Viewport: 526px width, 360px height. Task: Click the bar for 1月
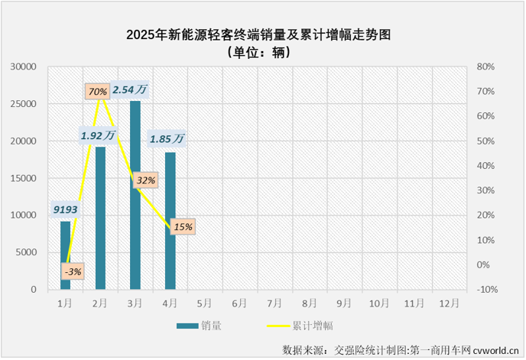click(65, 255)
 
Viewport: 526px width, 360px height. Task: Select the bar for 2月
click(100, 218)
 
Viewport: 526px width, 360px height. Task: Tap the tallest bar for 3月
click(135, 195)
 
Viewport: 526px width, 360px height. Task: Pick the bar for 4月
click(170, 221)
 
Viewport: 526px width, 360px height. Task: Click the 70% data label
click(97, 92)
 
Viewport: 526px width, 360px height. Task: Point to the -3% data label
click(73, 271)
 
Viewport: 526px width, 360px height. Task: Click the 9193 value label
click(65, 209)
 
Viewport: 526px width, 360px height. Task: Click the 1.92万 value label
click(97, 135)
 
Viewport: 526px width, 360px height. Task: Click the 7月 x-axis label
click(274, 303)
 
